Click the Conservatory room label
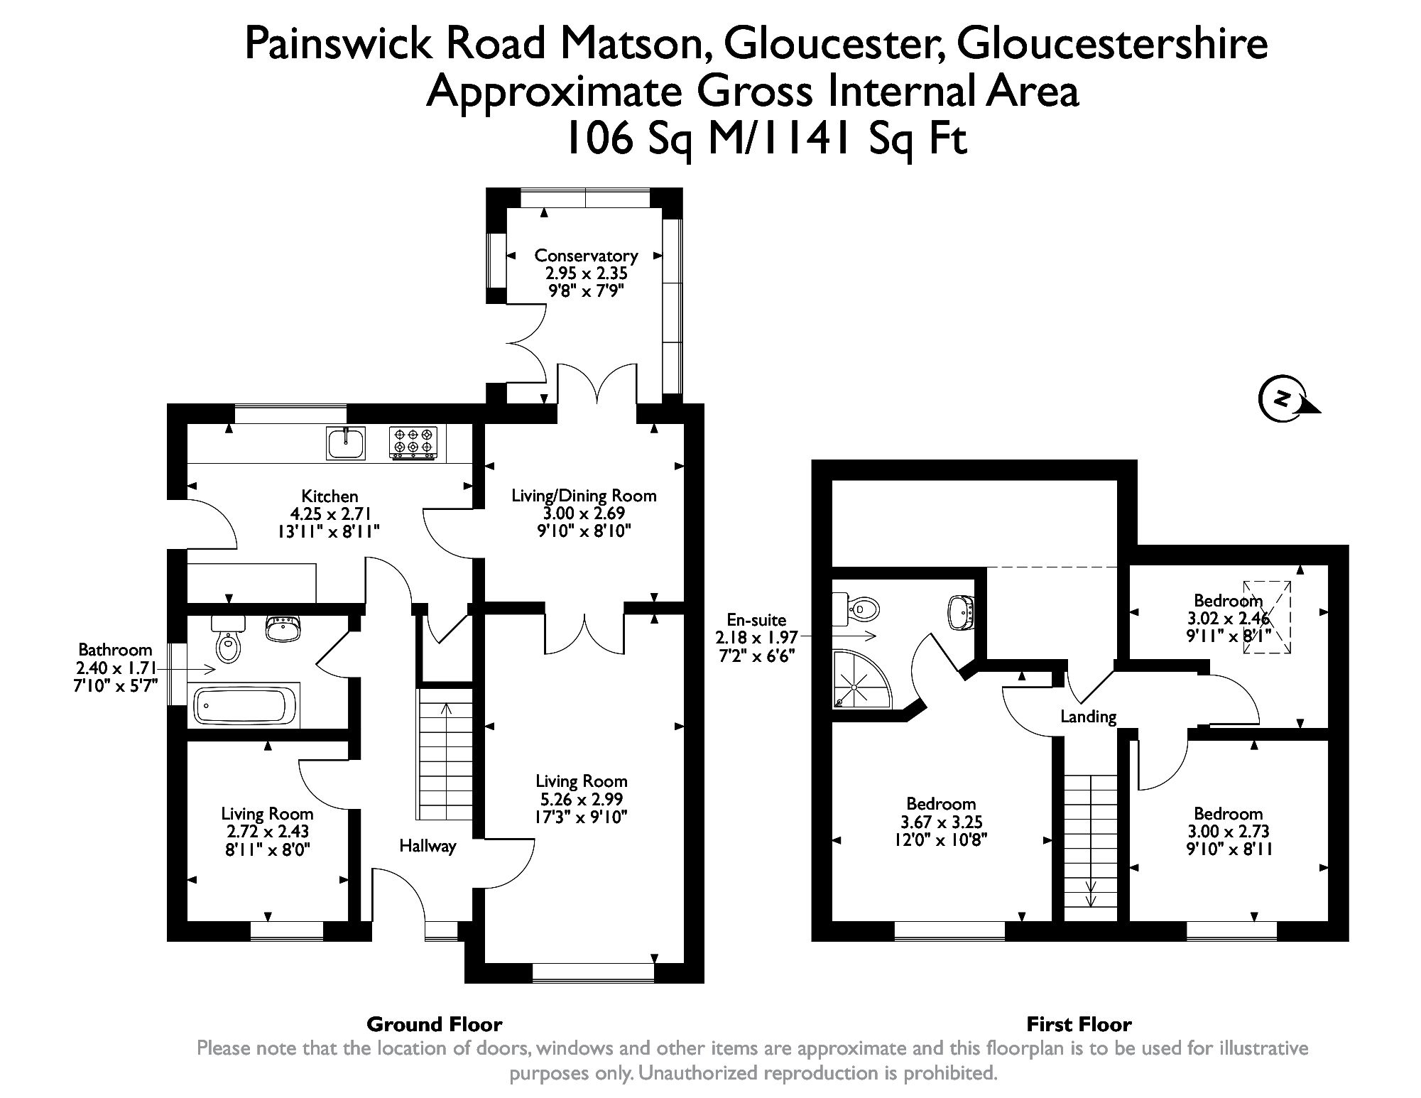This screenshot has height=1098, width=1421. pyautogui.click(x=586, y=256)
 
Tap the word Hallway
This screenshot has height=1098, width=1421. pyautogui.click(x=428, y=846)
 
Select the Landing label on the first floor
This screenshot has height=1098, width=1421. pyautogui.click(x=1088, y=717)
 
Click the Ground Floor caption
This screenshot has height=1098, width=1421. pyautogui.click(x=434, y=1024)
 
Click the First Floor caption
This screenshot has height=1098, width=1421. pyautogui.click(x=1079, y=1024)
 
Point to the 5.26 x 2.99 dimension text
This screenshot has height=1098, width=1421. pyautogui.click(x=581, y=800)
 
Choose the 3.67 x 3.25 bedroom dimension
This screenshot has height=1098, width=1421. pyautogui.click(x=941, y=822)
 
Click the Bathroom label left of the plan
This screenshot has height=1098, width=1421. pyautogui.click(x=115, y=650)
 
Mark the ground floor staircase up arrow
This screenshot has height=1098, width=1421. pyautogui.click(x=446, y=710)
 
